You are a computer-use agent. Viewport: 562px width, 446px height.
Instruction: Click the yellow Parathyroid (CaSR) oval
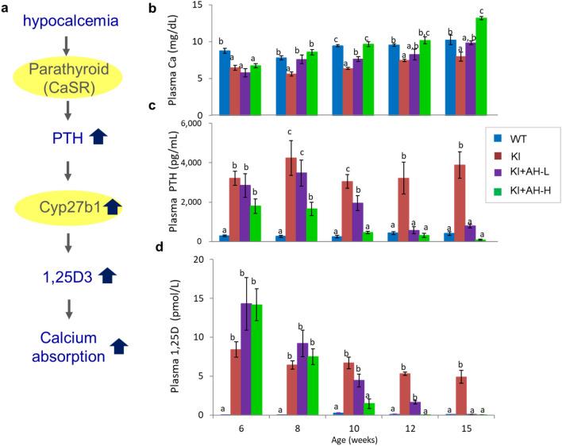(67, 96)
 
